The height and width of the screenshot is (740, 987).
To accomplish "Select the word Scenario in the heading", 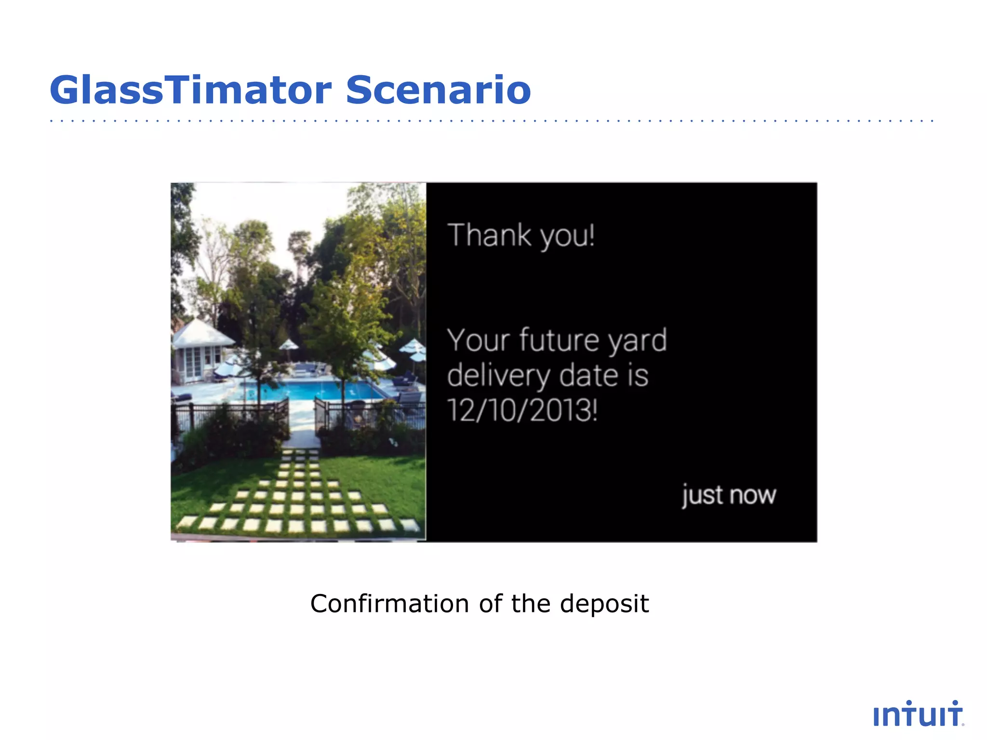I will tap(438, 90).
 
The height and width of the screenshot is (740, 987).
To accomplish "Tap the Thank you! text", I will tap(521, 236).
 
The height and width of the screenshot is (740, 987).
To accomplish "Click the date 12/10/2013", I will tap(521, 410).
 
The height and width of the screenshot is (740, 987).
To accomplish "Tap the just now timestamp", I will tap(729, 495).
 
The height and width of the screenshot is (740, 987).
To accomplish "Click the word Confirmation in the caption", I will tap(389, 604).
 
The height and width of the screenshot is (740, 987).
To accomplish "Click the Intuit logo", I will tap(918, 714).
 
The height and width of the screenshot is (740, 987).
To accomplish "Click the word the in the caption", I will tap(531, 604).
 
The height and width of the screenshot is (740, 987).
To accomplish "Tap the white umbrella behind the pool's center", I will tap(289, 344).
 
